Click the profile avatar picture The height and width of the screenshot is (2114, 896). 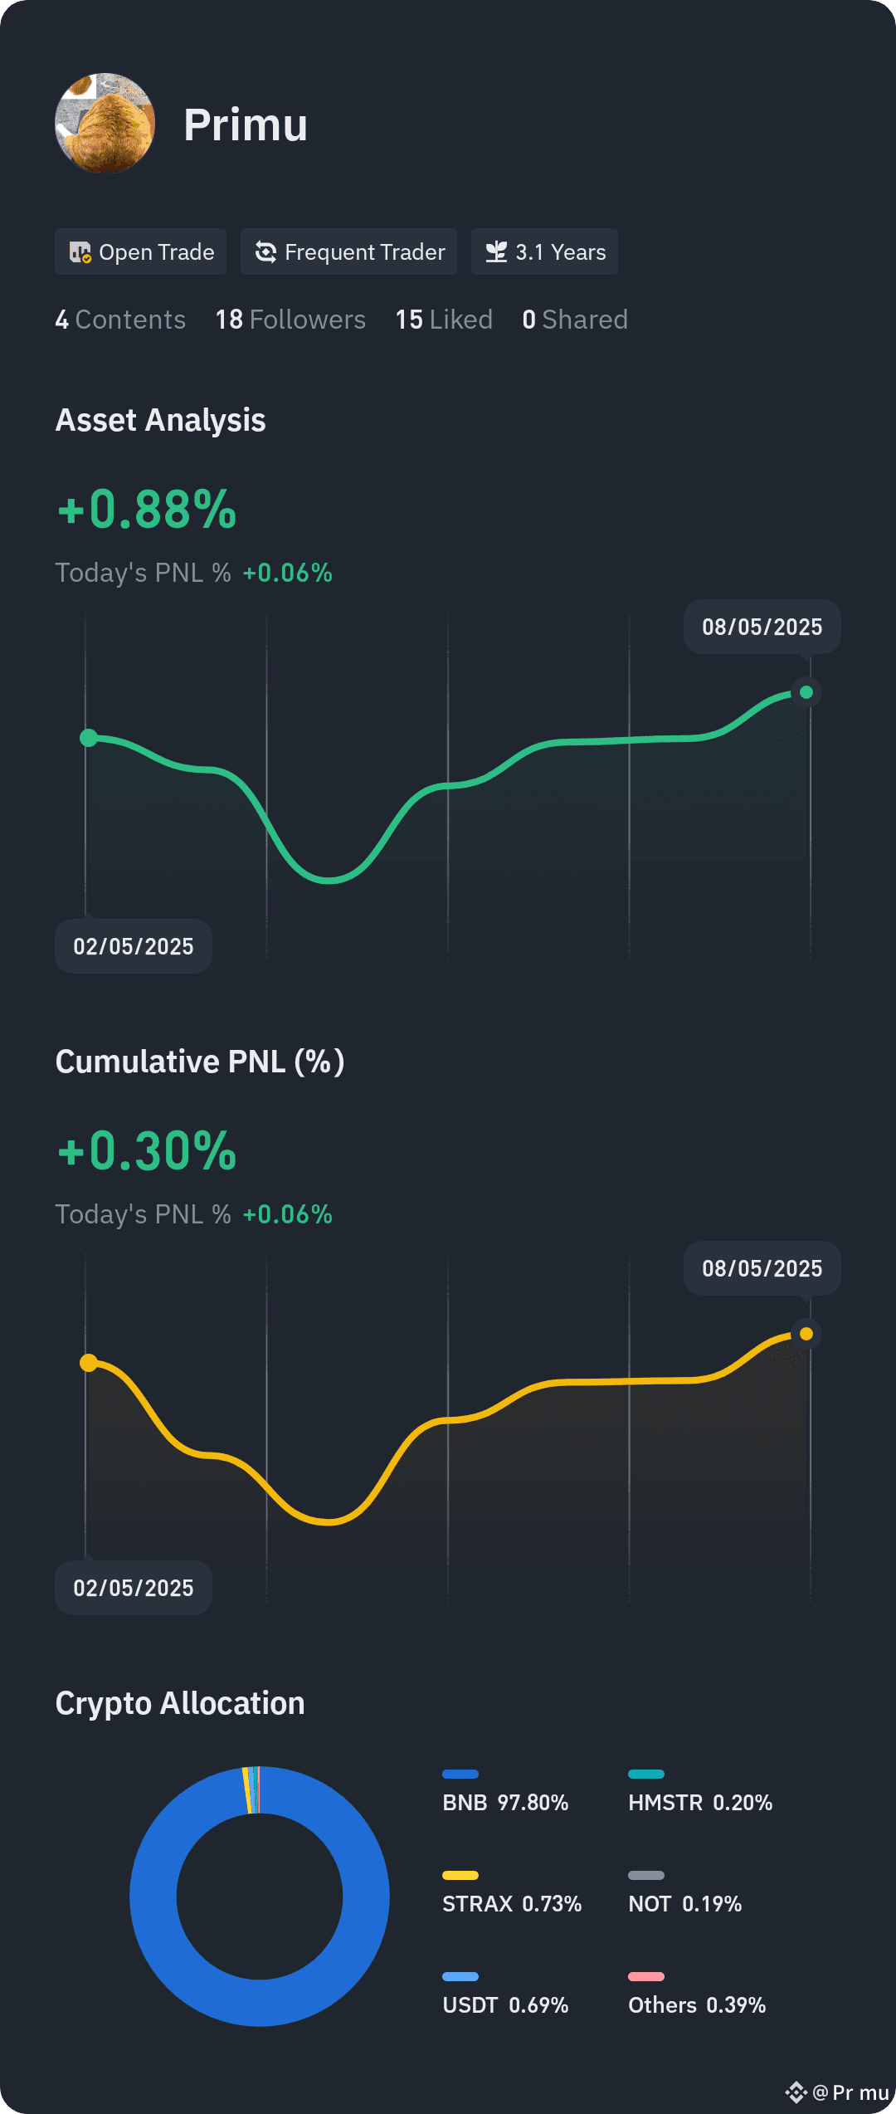tap(105, 123)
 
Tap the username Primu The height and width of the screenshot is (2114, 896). tap(246, 125)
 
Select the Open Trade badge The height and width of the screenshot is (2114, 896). tap(141, 251)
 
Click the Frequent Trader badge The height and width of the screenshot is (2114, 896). tap(348, 251)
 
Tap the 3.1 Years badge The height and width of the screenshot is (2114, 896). tap(544, 251)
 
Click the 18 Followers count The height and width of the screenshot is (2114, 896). tap(290, 320)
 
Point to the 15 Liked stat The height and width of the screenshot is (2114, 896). tap(444, 320)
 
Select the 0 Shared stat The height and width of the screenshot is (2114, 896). tap(575, 320)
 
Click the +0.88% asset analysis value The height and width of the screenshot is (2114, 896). tap(147, 509)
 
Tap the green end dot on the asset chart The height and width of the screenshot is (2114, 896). tap(806, 692)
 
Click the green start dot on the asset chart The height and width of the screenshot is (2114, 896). tap(89, 738)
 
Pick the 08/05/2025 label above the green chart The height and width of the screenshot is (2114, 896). tap(762, 627)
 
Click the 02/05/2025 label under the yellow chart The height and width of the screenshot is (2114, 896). tap(134, 1588)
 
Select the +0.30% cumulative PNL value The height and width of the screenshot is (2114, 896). tap(147, 1150)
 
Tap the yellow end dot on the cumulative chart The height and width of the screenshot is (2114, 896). tap(806, 1334)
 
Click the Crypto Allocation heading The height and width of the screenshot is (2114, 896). tap(180, 1703)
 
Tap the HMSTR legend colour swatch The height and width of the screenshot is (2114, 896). tap(646, 1775)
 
